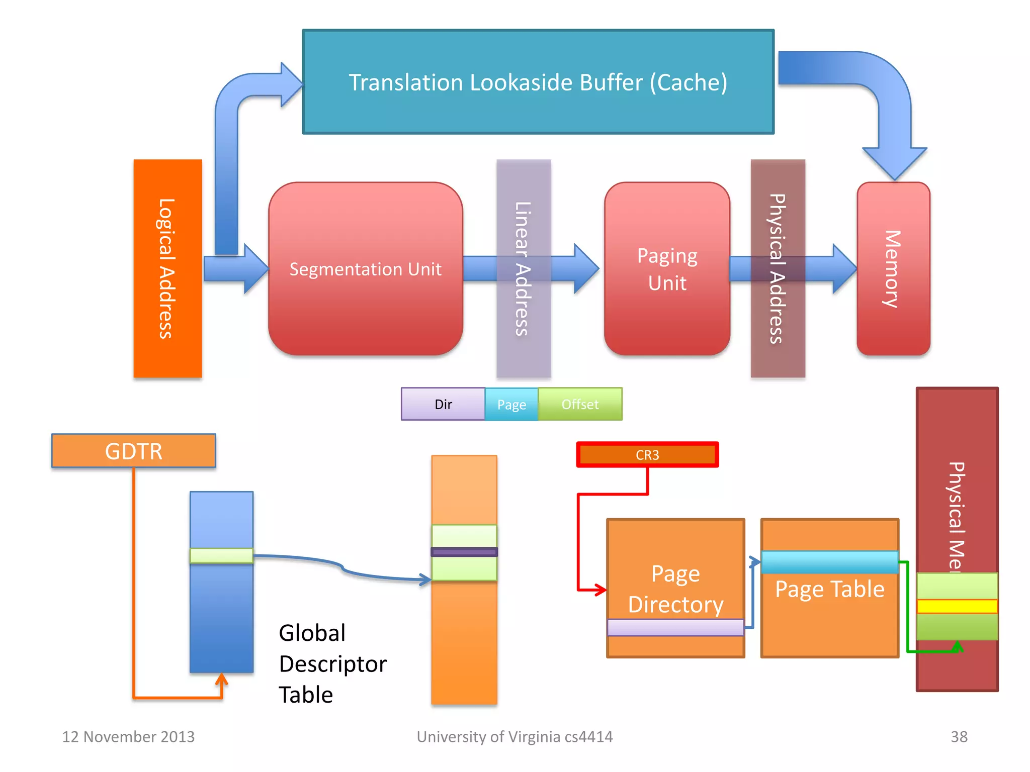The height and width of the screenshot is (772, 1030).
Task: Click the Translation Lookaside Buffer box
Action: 538,82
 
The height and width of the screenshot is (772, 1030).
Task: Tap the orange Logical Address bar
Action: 167,268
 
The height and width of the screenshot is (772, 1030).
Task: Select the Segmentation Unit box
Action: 365,268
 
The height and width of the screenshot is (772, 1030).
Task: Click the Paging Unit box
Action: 667,268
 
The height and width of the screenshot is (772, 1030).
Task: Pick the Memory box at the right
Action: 893,268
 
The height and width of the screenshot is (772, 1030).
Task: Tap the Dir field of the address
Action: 443,404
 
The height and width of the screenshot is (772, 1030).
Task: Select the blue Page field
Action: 511,404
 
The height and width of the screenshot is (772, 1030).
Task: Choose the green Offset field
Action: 580,404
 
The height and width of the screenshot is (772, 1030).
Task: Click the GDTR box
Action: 134,451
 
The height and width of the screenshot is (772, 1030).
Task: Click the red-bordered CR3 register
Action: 647,455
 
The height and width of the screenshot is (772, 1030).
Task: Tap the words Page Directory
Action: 675,589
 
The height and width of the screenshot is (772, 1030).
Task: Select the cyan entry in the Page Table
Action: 829,562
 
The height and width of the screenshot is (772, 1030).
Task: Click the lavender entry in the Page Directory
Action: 675,627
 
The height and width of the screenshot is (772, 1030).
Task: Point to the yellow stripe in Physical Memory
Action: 957,606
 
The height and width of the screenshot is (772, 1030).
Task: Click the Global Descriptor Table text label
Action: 332,663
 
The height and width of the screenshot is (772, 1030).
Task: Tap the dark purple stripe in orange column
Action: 464,552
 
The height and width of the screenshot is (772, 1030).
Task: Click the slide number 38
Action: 959,737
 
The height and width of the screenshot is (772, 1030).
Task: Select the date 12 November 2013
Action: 128,737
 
